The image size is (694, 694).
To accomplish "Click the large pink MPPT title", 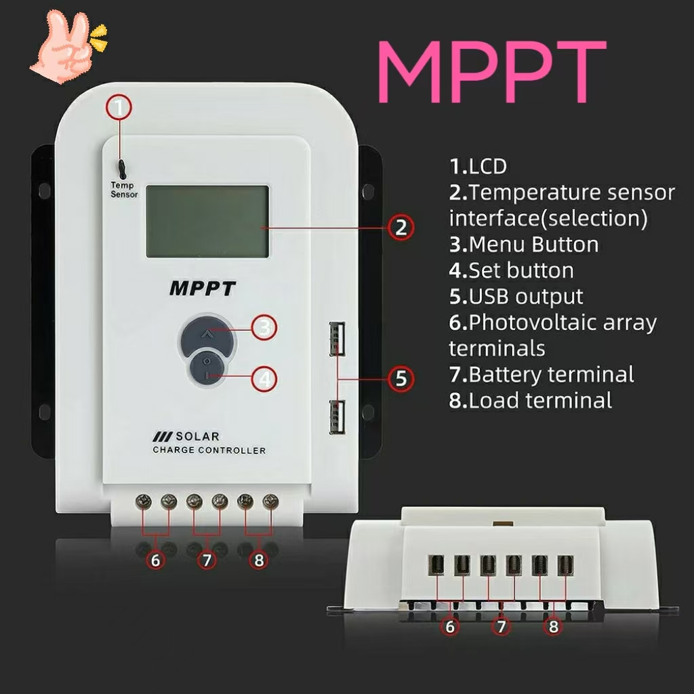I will coord(491,72).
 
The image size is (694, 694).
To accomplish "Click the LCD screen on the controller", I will coord(207,222).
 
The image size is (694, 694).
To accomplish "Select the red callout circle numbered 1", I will coord(120,107).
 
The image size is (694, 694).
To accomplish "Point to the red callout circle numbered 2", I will coord(401,227).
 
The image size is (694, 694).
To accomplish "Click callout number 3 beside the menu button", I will coord(264,328).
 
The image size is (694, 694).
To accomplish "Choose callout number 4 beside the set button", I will coord(264,378).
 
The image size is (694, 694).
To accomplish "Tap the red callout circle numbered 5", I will coord(401,378).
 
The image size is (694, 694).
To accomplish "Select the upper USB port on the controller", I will coord(338,338).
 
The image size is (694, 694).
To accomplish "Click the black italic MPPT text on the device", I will coord(203,289).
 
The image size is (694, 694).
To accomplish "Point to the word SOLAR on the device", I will coord(197,436).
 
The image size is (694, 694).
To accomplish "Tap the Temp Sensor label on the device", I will coord(124,190).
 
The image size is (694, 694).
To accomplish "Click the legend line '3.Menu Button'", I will coord(524,244).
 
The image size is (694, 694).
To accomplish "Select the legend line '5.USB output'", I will coord(516,296).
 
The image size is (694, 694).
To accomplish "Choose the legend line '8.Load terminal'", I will coord(531,400).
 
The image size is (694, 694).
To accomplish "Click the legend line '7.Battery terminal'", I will coord(542,374).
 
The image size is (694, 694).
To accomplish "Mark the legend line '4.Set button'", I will coord(511,270).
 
